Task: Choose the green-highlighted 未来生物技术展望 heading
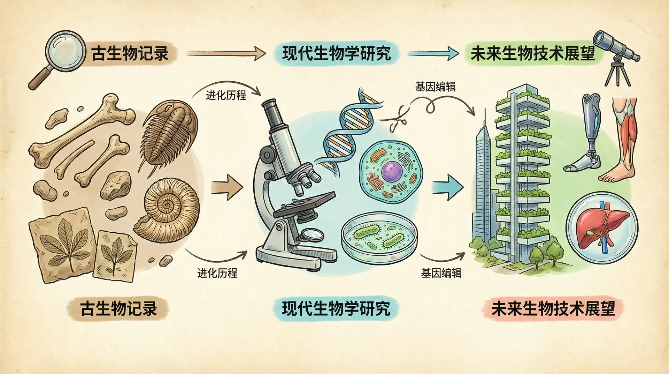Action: click(x=532, y=54)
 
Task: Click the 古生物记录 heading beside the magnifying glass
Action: click(x=130, y=54)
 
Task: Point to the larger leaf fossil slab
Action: click(x=63, y=244)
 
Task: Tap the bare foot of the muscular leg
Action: click(x=615, y=176)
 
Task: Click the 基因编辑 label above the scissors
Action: click(x=435, y=87)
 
